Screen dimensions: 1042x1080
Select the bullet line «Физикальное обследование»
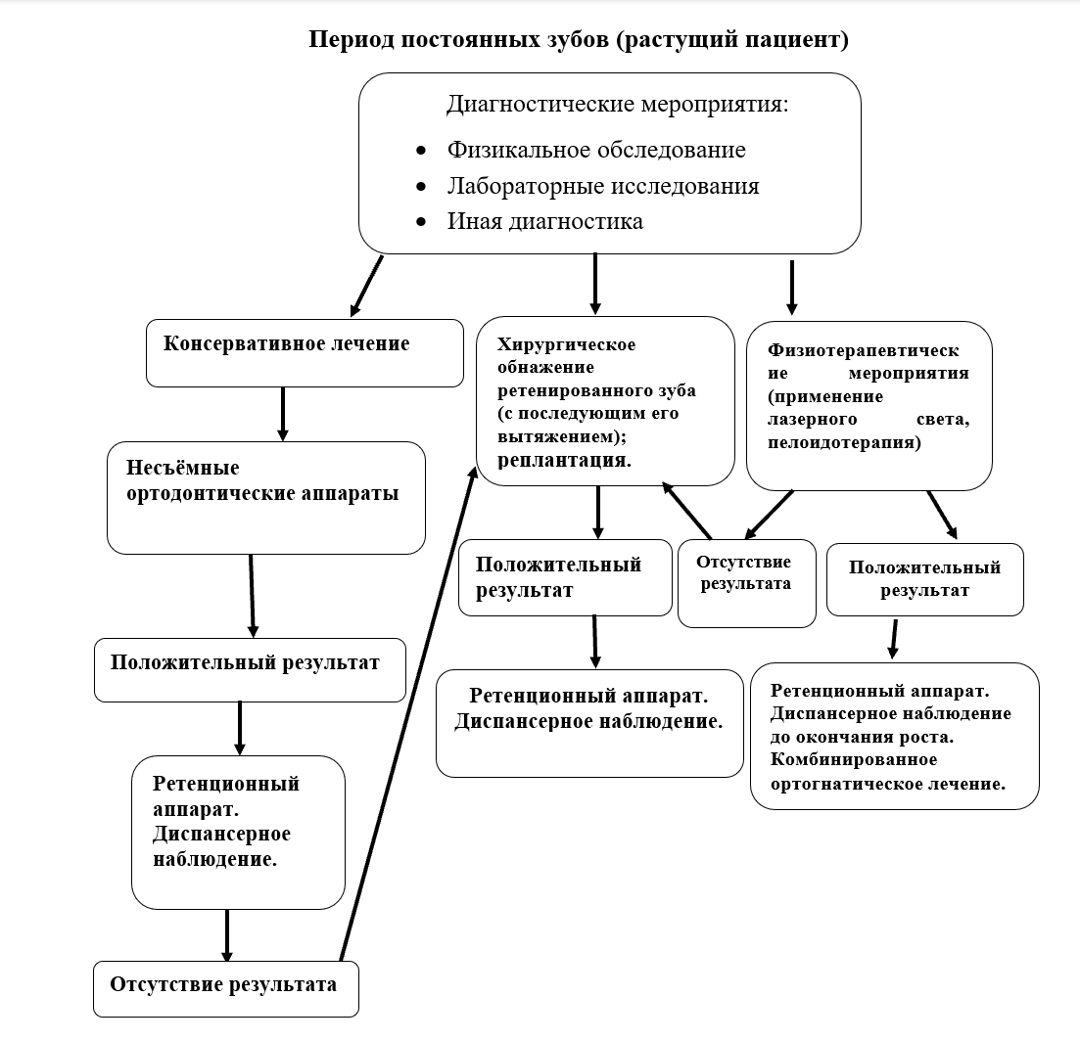coord(596,150)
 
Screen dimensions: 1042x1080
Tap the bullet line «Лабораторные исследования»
coord(603,186)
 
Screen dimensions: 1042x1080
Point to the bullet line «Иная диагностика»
coord(545,221)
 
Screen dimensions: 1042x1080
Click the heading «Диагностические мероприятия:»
coord(617,104)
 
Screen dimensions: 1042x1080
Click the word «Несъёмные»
coord(183,469)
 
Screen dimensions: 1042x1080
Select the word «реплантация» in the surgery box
coord(561,459)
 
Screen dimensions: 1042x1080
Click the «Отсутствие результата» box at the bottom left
coord(226,988)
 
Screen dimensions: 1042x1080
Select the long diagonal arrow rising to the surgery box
coord(406,714)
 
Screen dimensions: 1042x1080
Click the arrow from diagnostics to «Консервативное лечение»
coord(366,286)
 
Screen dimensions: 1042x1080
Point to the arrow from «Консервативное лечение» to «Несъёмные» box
coord(283,413)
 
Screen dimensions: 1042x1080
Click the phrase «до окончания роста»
coord(862,737)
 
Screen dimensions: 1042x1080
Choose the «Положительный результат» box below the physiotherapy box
coord(924,579)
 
